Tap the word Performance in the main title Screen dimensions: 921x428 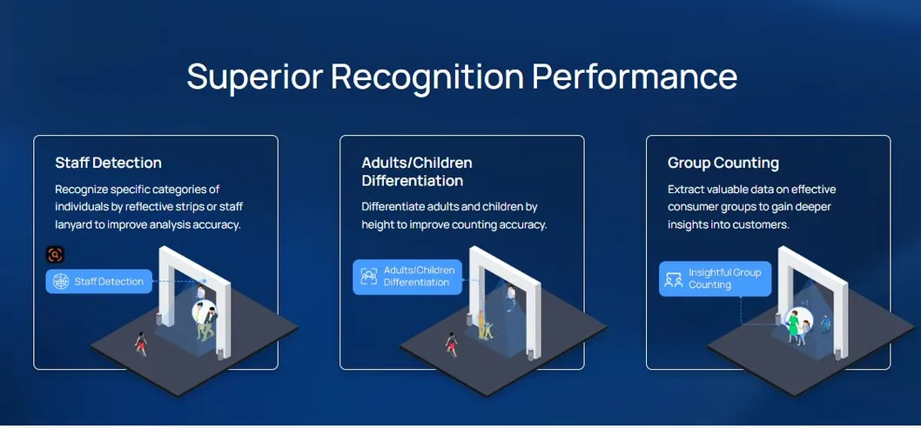pyautogui.click(x=635, y=77)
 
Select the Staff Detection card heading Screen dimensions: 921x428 pyautogui.click(x=108, y=163)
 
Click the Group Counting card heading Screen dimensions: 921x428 pyautogui.click(x=723, y=164)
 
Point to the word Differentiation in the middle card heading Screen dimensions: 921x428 pyautogui.click(x=413, y=181)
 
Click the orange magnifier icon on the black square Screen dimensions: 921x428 pyautogui.click(x=55, y=255)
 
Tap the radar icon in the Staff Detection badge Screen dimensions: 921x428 pyautogui.click(x=60, y=282)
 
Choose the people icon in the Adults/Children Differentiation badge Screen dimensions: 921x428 pyautogui.click(x=369, y=277)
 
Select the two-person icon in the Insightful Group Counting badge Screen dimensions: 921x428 pyautogui.click(x=674, y=279)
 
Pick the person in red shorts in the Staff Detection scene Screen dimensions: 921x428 pyautogui.click(x=140, y=344)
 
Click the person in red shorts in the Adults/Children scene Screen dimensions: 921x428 pyautogui.click(x=451, y=344)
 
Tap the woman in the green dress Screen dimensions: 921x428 pyautogui.click(x=794, y=327)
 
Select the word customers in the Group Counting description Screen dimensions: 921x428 pyautogui.click(x=762, y=224)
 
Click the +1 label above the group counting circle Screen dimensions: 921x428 pyautogui.click(x=804, y=303)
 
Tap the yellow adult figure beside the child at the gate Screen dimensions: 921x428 pyautogui.click(x=481, y=324)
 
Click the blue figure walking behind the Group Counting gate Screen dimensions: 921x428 pyautogui.click(x=826, y=323)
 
